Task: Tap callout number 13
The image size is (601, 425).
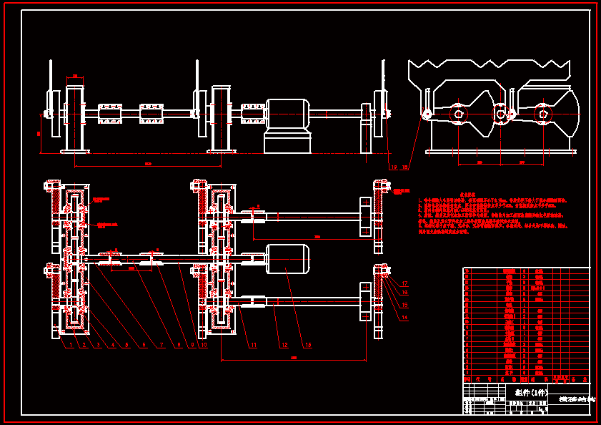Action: click(x=308, y=346)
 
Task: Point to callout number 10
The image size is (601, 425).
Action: click(x=204, y=346)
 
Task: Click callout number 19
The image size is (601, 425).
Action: click(x=393, y=167)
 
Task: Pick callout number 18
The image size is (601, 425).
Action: click(x=406, y=167)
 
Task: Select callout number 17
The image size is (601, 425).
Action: click(x=404, y=284)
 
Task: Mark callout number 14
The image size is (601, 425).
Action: click(x=404, y=317)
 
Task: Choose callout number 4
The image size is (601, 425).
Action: click(x=113, y=346)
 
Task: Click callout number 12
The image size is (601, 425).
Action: click(x=284, y=346)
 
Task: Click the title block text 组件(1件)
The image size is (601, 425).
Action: click(x=531, y=393)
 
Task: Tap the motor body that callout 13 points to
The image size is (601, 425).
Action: click(x=287, y=259)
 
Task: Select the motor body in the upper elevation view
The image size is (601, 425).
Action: click(x=287, y=114)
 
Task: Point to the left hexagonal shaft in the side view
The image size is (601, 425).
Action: click(x=457, y=114)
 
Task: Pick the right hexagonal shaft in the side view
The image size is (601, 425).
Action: click(x=543, y=114)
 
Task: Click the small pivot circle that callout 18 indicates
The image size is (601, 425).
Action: click(x=427, y=114)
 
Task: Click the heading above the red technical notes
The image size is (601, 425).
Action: click(x=467, y=194)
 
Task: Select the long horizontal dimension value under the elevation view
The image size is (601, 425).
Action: click(x=148, y=164)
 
